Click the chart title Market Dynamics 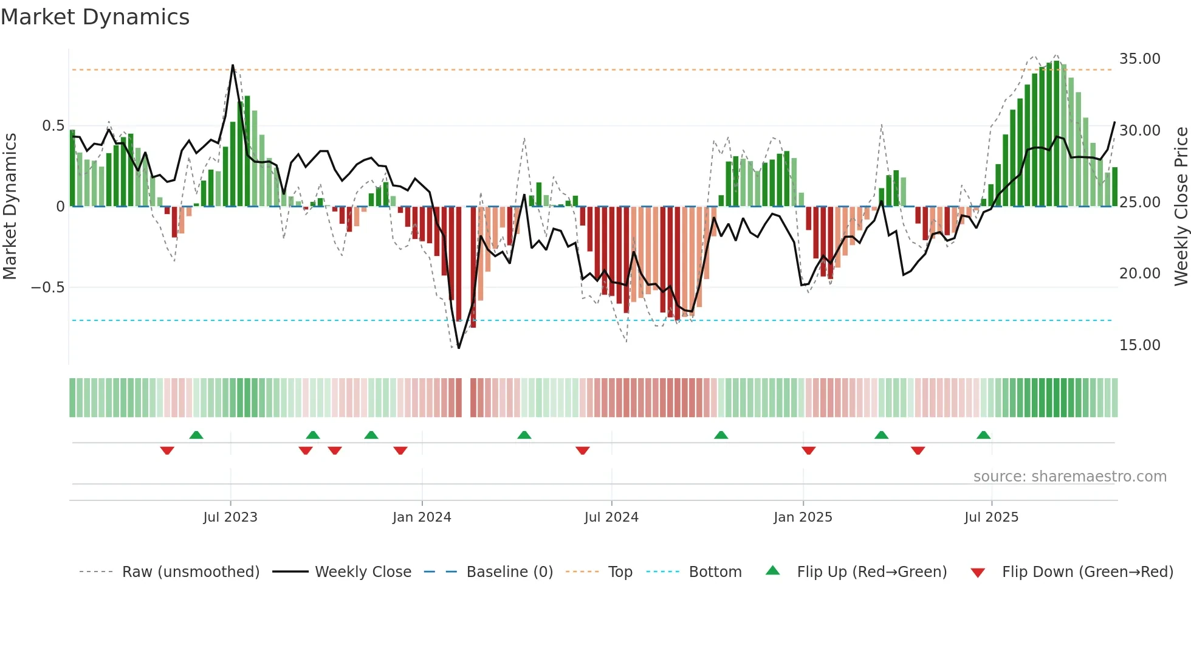pos(95,17)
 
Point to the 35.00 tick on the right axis pos(1139,59)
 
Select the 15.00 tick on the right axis pos(1139,345)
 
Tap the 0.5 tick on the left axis pos(53,126)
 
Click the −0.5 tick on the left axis pos(47,287)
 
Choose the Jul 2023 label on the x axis pos(230,517)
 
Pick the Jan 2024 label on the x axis pos(422,517)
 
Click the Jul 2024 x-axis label pos(611,517)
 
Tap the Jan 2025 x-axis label pos(803,517)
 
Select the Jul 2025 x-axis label pos(991,517)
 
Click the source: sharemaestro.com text pos(1069,477)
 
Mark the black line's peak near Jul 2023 pos(233,65)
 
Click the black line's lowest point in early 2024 pos(459,348)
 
